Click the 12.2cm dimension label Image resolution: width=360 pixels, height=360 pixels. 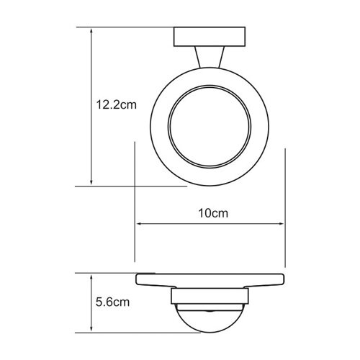click(117, 105)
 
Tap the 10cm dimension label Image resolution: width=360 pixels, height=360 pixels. click(213, 213)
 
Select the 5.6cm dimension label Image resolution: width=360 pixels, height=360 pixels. click(112, 302)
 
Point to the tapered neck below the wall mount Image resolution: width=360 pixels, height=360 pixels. click(210, 57)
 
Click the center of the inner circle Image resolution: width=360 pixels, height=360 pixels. click(210, 127)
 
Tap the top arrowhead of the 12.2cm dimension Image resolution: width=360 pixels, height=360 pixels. click(91, 31)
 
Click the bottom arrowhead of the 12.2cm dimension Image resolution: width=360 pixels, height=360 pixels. click(91, 182)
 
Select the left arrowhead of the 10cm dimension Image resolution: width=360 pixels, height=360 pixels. click(140, 224)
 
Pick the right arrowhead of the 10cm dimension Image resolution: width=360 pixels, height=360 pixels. click(281, 224)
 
